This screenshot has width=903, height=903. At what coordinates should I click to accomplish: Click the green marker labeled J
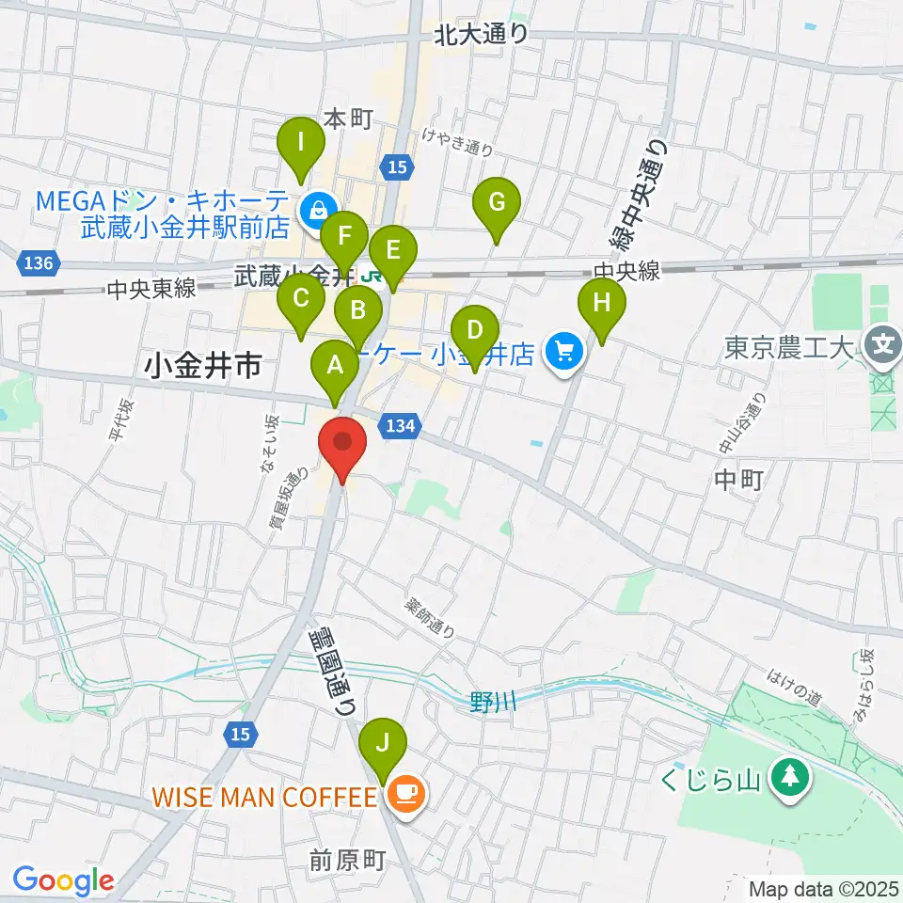tap(382, 745)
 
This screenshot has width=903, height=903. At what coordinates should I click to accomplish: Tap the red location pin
tap(341, 446)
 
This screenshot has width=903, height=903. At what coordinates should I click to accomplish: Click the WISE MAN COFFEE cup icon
tap(406, 797)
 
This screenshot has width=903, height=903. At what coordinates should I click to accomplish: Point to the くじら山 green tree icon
tap(789, 777)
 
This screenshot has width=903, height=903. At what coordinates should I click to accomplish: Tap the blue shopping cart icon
tap(564, 353)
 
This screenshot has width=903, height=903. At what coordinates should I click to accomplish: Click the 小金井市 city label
tap(203, 366)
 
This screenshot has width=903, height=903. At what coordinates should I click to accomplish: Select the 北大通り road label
tap(482, 35)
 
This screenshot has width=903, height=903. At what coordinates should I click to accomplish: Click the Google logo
tap(63, 880)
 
